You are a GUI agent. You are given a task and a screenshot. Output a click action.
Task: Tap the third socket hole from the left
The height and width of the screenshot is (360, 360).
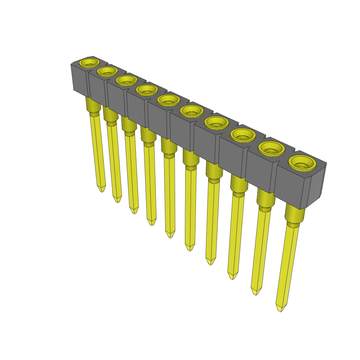click(127, 80)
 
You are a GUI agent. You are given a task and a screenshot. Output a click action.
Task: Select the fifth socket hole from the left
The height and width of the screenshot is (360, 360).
click(168, 100)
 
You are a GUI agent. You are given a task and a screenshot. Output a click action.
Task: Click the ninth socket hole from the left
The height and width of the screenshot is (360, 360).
click(271, 149)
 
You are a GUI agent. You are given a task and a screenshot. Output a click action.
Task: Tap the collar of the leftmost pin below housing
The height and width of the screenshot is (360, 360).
click(93, 105)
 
